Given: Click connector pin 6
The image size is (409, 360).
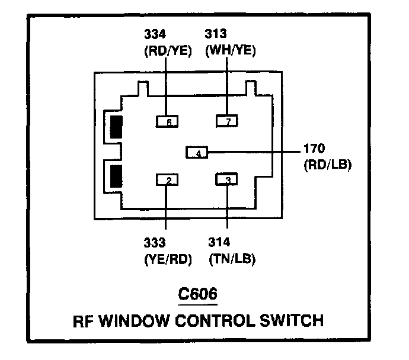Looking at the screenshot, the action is [x=167, y=121].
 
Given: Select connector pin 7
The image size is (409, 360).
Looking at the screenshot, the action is [x=227, y=121].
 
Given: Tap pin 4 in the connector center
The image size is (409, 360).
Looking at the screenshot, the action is [x=197, y=152].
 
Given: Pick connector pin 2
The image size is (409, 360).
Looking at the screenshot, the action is [x=167, y=180].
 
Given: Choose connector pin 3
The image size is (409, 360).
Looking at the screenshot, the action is [x=226, y=179].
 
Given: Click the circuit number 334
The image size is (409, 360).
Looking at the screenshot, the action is [x=155, y=34].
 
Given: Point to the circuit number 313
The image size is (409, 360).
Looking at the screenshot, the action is [x=216, y=34].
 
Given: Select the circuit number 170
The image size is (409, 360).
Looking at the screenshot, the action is [x=314, y=149].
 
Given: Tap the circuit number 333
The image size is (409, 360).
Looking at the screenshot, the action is [x=155, y=243].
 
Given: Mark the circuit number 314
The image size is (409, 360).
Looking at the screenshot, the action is [x=219, y=242].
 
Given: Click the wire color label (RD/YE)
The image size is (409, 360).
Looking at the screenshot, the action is [x=168, y=50].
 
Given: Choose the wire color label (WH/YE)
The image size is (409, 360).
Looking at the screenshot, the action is [x=231, y=50].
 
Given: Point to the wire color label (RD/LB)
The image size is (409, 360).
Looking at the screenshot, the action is [x=328, y=165].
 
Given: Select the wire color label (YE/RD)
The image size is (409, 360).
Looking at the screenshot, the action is [x=168, y=259].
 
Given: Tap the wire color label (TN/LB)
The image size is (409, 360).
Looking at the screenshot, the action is [x=232, y=259].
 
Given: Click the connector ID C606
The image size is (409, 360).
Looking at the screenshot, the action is [x=197, y=294].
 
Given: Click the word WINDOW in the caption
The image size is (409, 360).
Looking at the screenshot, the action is [x=135, y=321].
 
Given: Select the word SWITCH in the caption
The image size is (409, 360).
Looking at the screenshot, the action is [x=292, y=320].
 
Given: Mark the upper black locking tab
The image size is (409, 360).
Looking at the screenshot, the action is [x=116, y=127].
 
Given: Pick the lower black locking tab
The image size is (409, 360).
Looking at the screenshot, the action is [x=116, y=176].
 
